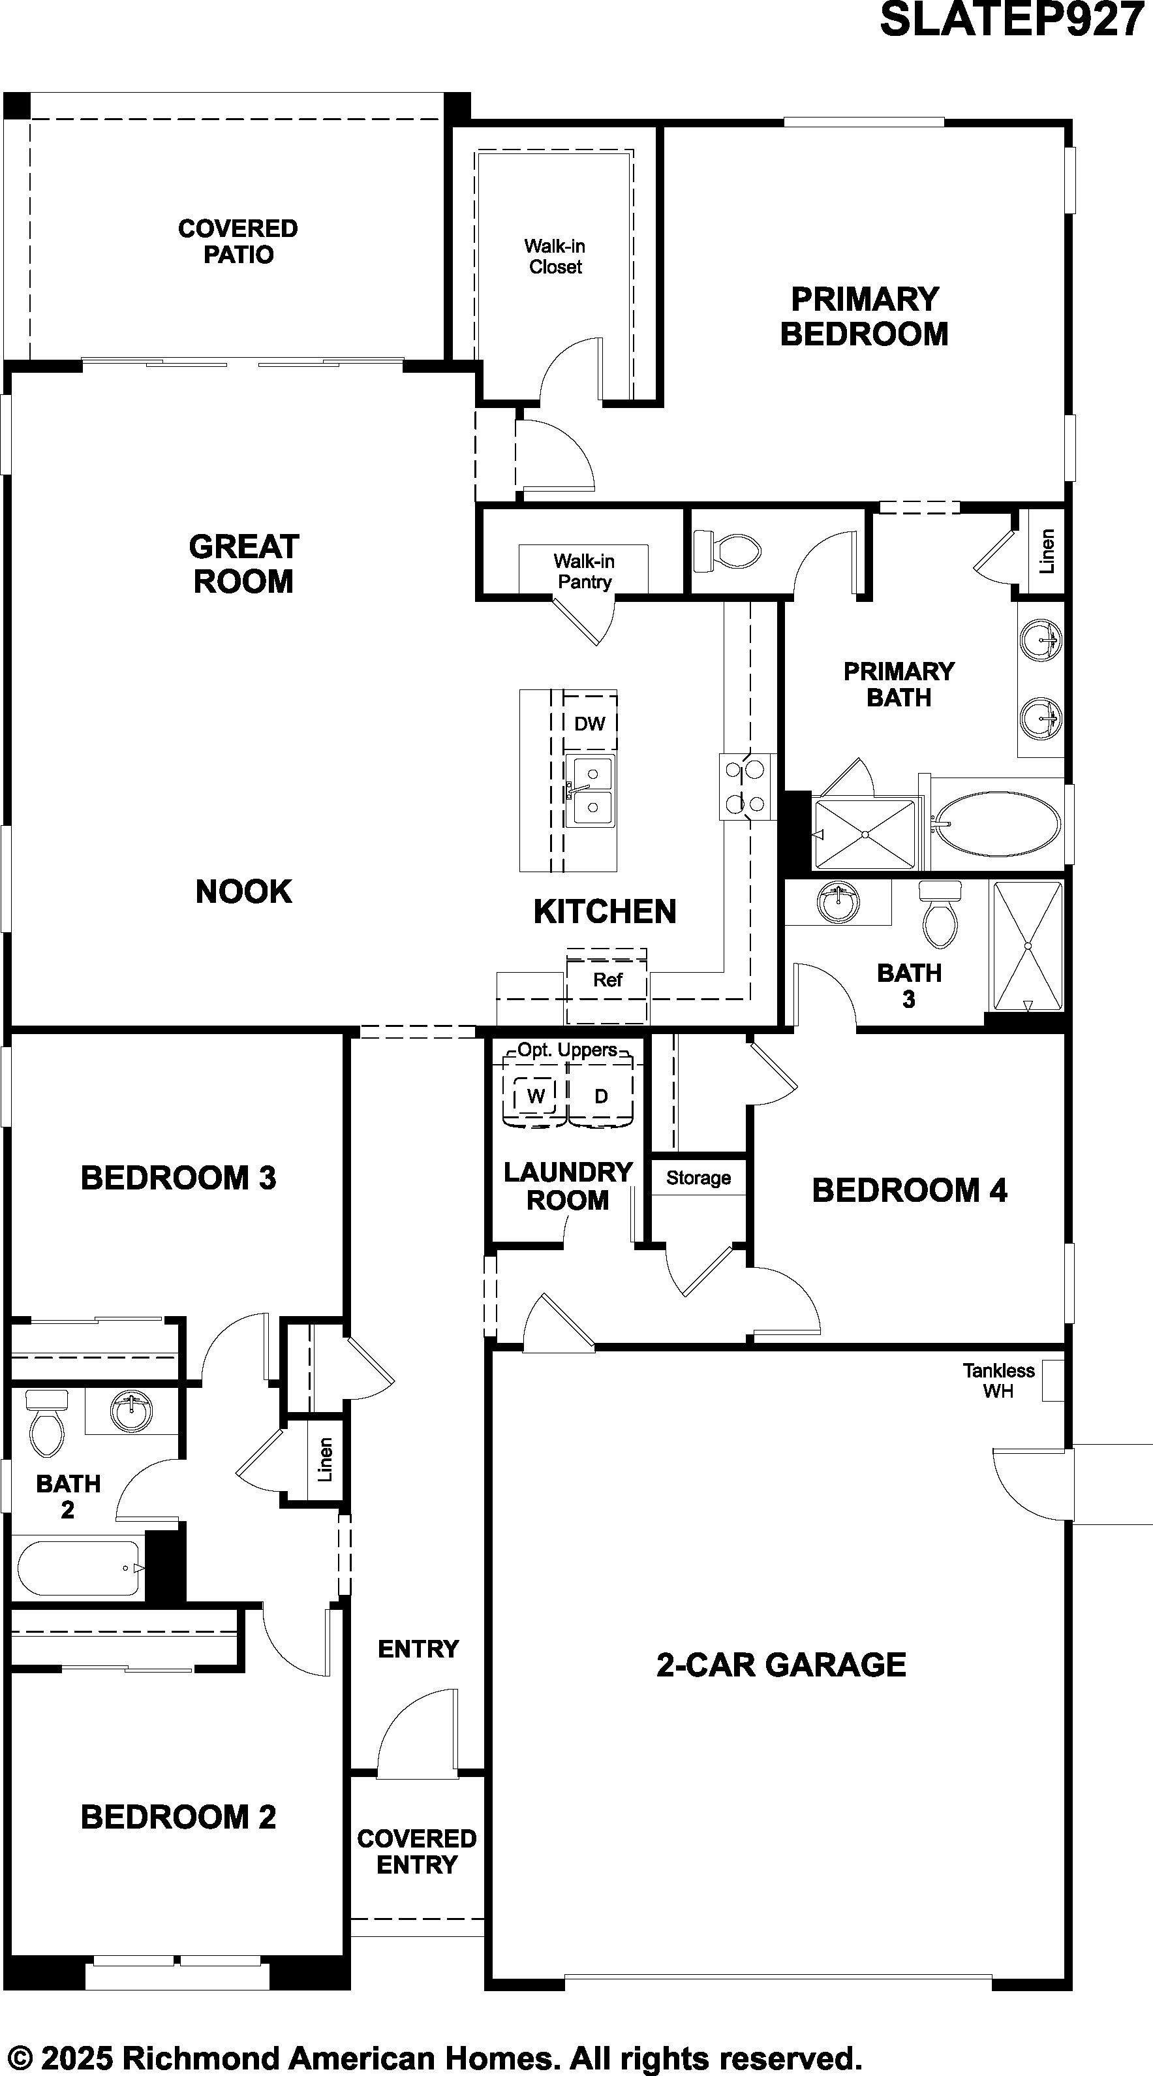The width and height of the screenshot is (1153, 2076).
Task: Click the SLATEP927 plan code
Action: click(1012, 20)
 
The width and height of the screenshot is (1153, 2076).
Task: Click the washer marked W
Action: click(535, 1095)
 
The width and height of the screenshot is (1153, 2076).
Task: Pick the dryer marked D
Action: click(601, 1095)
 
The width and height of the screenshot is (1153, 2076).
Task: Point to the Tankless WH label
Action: click(998, 1381)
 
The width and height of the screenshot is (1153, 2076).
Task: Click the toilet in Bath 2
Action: click(47, 1424)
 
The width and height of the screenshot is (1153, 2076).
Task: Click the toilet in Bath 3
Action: click(941, 914)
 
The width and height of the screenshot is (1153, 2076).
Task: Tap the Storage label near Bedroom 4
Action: click(699, 1178)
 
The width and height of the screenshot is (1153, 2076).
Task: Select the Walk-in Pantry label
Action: click(584, 571)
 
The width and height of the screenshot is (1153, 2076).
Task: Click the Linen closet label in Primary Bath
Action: click(1047, 551)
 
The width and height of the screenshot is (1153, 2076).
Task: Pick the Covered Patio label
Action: click(238, 241)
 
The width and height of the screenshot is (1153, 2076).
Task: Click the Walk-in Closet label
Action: click(555, 257)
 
